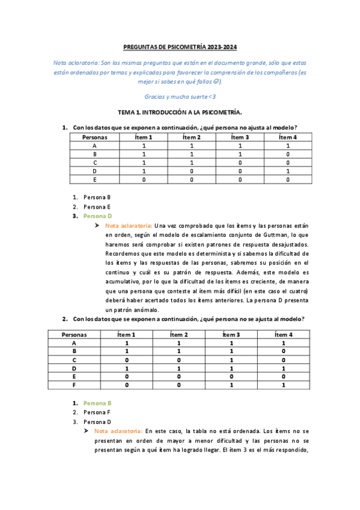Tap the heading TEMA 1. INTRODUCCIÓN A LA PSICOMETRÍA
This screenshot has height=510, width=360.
pos(180,112)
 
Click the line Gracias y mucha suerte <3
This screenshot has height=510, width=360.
pos(180,96)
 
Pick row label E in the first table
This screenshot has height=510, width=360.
pos(94,179)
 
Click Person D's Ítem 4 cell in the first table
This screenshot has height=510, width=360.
pos(287,171)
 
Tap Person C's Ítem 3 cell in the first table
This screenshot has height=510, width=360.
pos(239,162)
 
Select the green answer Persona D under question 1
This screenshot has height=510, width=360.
pos(97,216)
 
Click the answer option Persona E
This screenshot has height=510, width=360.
pos(97,206)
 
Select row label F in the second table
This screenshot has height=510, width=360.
pos(75,384)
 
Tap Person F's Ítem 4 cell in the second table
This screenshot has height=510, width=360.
pos(283,384)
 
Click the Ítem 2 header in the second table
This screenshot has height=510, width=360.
pos(178,334)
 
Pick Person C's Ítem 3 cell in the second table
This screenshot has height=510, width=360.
pos(231,359)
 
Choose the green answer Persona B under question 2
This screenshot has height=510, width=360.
pos(97,403)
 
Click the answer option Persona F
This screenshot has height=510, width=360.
pos(97,413)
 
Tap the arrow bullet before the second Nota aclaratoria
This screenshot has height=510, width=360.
pos(88,431)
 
